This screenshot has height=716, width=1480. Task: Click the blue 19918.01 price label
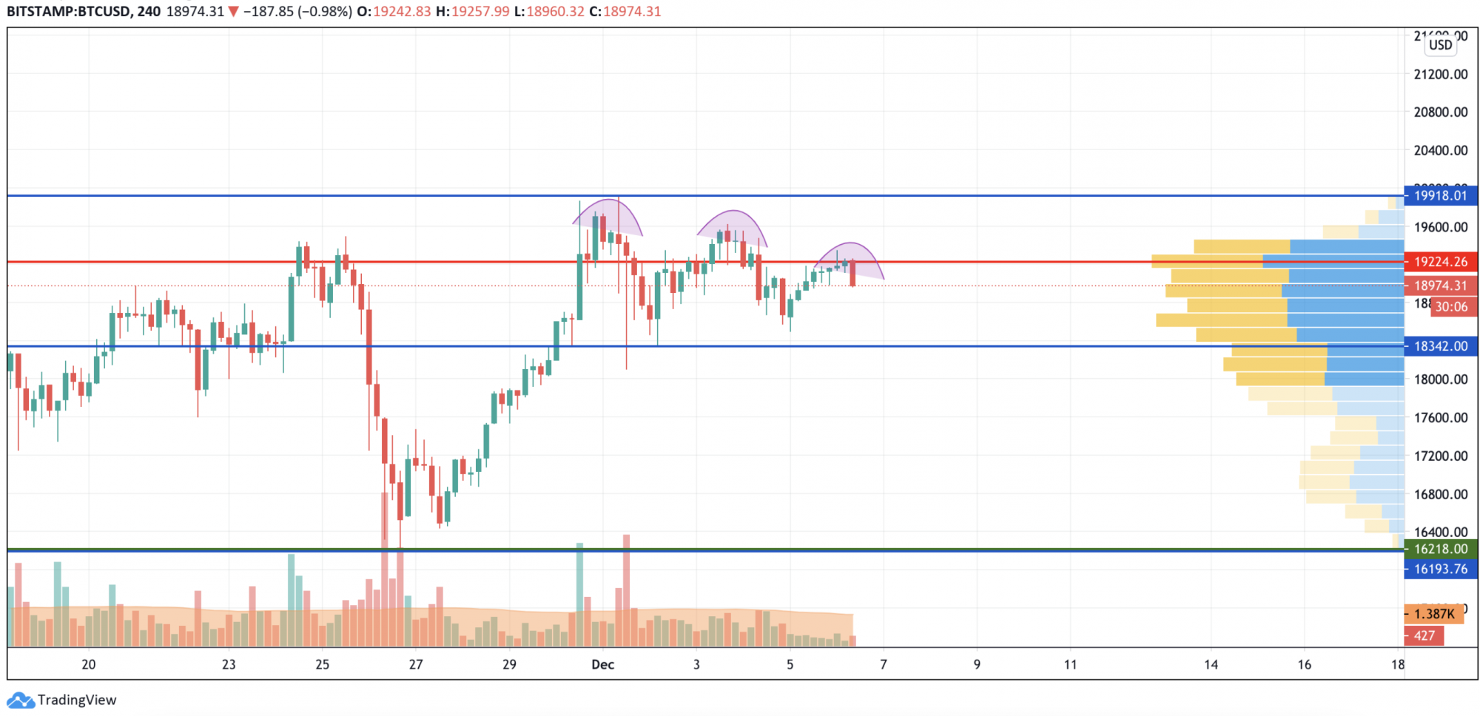tap(1440, 195)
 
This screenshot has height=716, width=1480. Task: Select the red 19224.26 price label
tap(1440, 261)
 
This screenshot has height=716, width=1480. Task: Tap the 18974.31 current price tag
tap(1440, 286)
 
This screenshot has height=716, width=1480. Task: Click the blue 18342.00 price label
tap(1440, 346)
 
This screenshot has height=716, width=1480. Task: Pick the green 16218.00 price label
tap(1440, 549)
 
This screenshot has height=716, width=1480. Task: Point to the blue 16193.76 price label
tap(1440, 569)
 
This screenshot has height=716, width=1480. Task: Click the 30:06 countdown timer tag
tap(1452, 306)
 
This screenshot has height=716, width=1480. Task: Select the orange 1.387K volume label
tap(1433, 614)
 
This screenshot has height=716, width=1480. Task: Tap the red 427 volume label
tap(1424, 635)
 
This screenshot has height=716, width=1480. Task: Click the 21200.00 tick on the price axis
tap(1440, 74)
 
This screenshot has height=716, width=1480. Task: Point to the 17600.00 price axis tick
tap(1440, 417)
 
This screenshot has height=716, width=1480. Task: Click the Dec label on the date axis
tap(602, 664)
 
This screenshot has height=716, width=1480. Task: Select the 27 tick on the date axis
tap(416, 664)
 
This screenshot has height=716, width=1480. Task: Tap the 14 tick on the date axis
tap(1211, 664)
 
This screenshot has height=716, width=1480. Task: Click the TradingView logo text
tap(77, 700)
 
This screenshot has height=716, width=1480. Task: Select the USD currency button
tap(1440, 44)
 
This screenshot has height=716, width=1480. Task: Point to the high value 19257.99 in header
tap(480, 12)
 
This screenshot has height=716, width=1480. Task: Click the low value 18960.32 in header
tap(555, 12)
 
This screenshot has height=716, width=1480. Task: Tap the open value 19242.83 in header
tap(401, 12)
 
